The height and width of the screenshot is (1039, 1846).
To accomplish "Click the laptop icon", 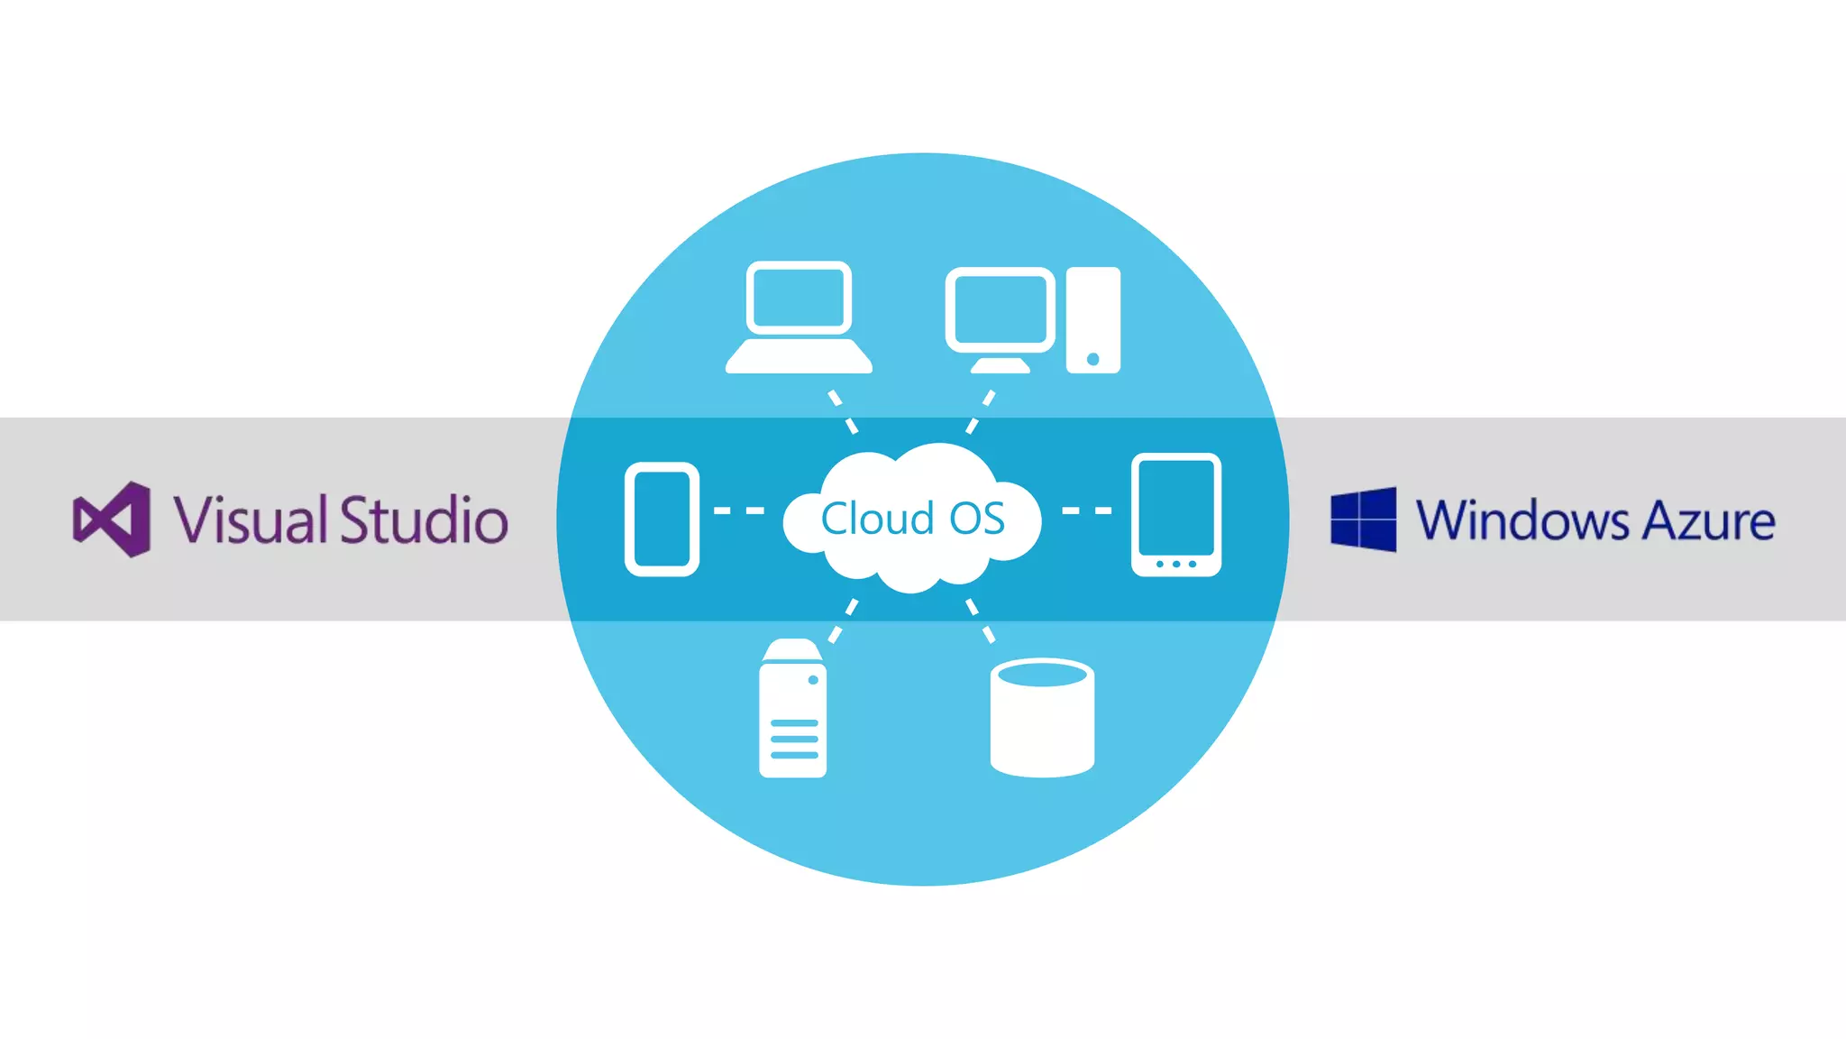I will point(799,317).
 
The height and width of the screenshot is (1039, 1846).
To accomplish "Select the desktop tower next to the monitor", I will point(1092,319).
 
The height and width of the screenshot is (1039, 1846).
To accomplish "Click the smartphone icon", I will point(662,519).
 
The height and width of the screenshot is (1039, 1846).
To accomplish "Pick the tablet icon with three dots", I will point(1176,514).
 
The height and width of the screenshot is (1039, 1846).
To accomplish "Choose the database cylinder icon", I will point(1042,718).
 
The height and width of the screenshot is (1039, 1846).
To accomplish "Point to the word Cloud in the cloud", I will point(876,519).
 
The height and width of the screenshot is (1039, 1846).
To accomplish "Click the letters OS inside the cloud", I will point(977,519).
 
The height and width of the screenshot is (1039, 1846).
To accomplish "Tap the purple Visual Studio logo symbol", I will point(112,519).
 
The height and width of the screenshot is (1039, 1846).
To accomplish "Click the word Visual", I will point(250,519).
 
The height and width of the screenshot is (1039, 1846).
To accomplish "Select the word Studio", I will point(424,519).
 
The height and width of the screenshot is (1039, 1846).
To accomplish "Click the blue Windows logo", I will point(1364,519).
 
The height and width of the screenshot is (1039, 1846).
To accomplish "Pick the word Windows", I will point(1522,520).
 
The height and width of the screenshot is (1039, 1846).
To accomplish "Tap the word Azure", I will point(1708,520).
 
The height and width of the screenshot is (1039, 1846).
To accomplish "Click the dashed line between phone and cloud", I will point(739,510).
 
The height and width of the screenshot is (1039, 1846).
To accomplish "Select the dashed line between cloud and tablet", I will point(1087,510).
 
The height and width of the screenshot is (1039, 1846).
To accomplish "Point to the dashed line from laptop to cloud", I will point(844,411).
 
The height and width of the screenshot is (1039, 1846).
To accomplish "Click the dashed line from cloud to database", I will point(981,621).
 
